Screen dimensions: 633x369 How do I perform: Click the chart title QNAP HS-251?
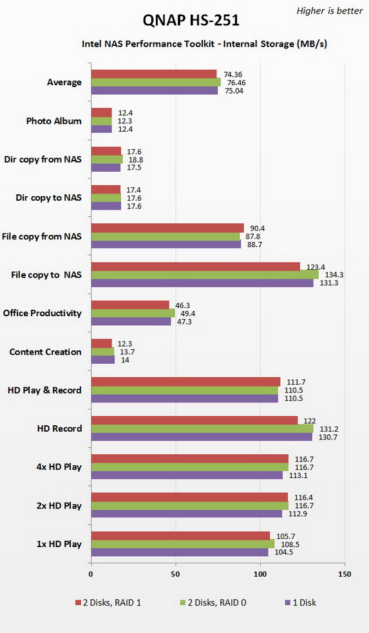pyautogui.click(x=185, y=21)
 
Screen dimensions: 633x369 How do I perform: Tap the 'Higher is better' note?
pyautogui.click(x=329, y=10)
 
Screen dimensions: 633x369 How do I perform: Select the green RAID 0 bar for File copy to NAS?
pyautogui.click(x=205, y=275)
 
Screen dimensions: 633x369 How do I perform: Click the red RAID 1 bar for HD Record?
pyautogui.click(x=194, y=420)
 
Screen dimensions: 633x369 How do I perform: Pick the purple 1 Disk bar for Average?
pyautogui.click(x=155, y=90)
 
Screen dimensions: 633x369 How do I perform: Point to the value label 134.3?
pyautogui.click(x=333, y=275)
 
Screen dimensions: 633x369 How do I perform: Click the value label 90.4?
pyautogui.click(x=258, y=227)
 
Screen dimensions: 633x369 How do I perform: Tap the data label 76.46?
pyautogui.click(x=236, y=82)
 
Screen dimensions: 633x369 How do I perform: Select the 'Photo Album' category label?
pyautogui.click(x=54, y=121)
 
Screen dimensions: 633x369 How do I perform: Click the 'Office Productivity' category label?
pyautogui.click(x=43, y=313)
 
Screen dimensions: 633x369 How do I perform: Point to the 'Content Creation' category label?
pyautogui.click(x=46, y=352)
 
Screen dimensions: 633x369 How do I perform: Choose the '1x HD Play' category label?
pyautogui.click(x=59, y=544)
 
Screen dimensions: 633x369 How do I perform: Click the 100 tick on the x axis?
pyautogui.click(x=260, y=574)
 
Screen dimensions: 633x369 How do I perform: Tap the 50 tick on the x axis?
pyautogui.click(x=176, y=574)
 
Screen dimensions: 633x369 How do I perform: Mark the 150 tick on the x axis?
pyautogui.click(x=345, y=574)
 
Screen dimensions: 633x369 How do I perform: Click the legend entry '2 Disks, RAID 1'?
pyautogui.click(x=106, y=603)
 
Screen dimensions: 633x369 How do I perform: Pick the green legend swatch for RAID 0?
pyautogui.click(x=181, y=603)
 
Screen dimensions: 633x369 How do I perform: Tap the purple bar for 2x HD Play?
pyautogui.click(x=187, y=514)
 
